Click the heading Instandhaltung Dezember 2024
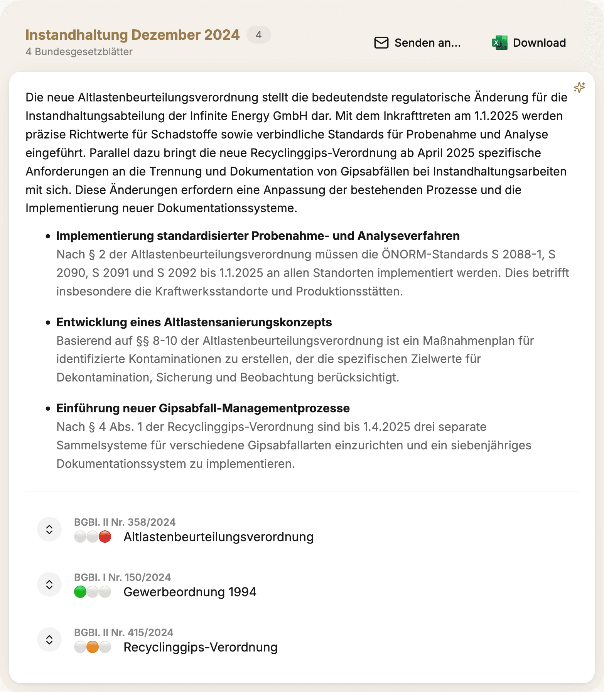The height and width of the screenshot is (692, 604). pyautogui.click(x=132, y=35)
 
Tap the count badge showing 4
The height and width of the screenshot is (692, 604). pyautogui.click(x=258, y=35)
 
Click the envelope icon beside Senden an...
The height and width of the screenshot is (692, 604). pyautogui.click(x=381, y=43)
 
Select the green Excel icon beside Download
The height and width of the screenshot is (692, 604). pyautogui.click(x=499, y=43)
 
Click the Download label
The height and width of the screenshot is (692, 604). pyautogui.click(x=539, y=43)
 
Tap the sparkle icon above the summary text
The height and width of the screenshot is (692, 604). pyautogui.click(x=579, y=88)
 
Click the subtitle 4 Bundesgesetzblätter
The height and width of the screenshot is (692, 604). pyautogui.click(x=79, y=52)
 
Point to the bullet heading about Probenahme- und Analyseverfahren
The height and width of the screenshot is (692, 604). pyautogui.click(x=258, y=236)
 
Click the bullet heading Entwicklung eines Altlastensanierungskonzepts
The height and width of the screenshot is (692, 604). pyautogui.click(x=194, y=322)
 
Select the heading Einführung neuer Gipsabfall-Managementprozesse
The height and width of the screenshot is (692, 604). pyautogui.click(x=203, y=408)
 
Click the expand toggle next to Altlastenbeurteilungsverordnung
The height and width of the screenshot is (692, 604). pyautogui.click(x=49, y=529)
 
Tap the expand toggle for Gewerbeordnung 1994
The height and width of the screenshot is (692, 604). pyautogui.click(x=49, y=584)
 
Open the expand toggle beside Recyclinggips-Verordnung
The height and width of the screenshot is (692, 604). pyautogui.click(x=49, y=640)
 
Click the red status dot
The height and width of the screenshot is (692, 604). pyautogui.click(x=105, y=537)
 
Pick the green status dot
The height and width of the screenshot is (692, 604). pyautogui.click(x=80, y=592)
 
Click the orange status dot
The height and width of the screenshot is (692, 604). pyautogui.click(x=93, y=647)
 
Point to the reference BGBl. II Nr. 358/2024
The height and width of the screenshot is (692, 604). pyautogui.click(x=125, y=522)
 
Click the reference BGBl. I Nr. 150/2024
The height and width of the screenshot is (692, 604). pyautogui.click(x=122, y=577)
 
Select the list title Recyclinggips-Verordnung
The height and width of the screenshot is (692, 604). pyautogui.click(x=200, y=647)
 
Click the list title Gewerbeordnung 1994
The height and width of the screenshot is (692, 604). pyautogui.click(x=190, y=592)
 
